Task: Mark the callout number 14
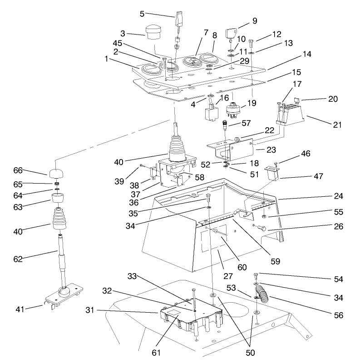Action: [307, 54]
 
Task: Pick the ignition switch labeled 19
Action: [232, 111]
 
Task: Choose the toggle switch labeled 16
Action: [211, 111]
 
